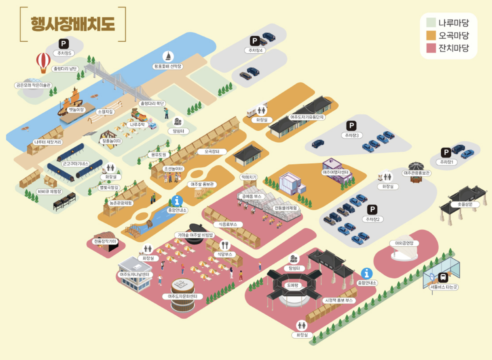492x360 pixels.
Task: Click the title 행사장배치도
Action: (x=73, y=24)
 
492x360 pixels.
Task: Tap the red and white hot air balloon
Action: (x=43, y=61)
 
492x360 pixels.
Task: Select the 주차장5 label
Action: (x=64, y=53)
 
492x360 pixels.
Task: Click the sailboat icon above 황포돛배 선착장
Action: (x=168, y=56)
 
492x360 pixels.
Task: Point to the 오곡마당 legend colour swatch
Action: (x=431, y=35)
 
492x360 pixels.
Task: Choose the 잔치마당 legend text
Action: (x=453, y=48)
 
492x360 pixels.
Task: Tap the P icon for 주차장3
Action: (x=351, y=126)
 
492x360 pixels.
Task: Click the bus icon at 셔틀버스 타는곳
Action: (x=443, y=277)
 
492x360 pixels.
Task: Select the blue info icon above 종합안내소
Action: (x=366, y=273)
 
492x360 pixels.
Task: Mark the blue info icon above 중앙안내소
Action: (x=177, y=201)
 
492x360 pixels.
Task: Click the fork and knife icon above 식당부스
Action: (x=225, y=245)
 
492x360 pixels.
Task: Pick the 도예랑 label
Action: (x=292, y=285)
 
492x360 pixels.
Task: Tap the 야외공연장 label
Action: (x=404, y=243)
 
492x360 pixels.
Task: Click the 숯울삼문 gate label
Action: (x=465, y=204)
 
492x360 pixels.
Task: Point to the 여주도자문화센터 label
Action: (x=182, y=296)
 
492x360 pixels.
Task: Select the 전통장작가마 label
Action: (x=105, y=241)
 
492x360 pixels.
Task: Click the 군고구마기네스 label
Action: (x=75, y=164)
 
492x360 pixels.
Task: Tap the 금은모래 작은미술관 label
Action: (x=33, y=85)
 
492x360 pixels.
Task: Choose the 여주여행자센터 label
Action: (x=335, y=172)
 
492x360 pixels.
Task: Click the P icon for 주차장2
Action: (x=372, y=210)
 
